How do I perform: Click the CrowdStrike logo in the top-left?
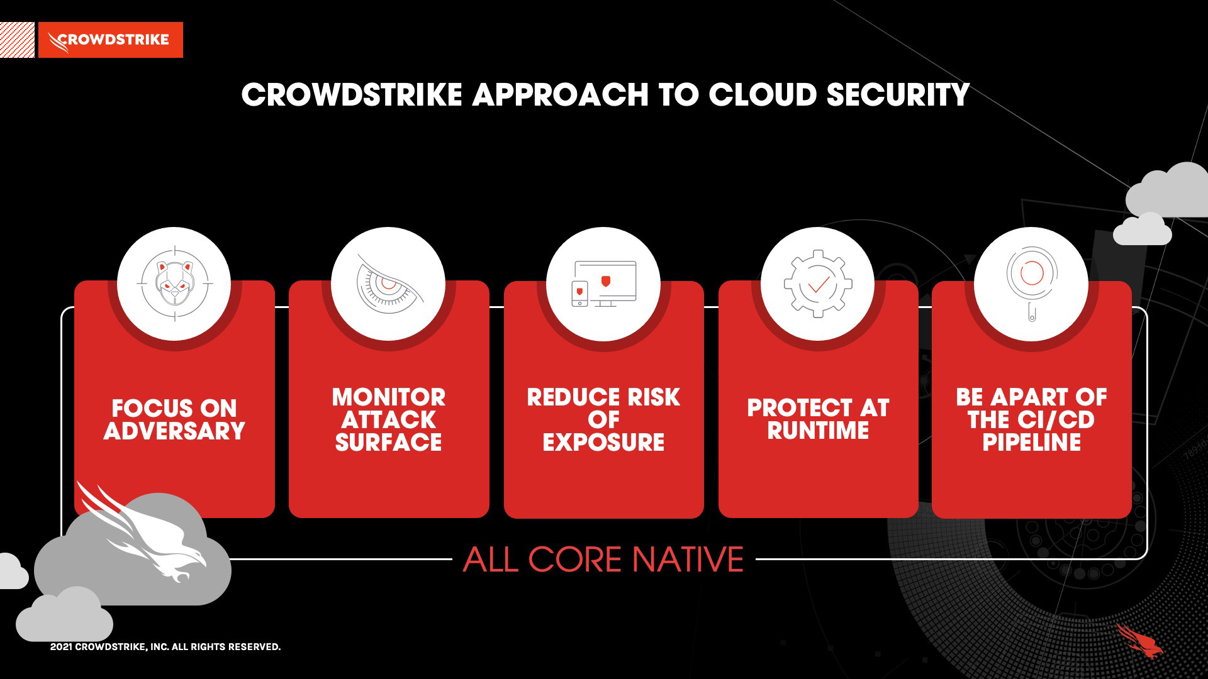pos(111,40)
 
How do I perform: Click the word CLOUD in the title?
pos(763,95)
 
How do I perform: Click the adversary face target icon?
pos(174,284)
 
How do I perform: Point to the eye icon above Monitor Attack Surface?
pos(388,284)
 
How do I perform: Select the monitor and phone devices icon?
pos(603,284)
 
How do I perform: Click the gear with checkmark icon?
pos(817,284)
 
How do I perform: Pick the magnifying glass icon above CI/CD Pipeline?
pos(1032,284)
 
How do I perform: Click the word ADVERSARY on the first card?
pos(174,431)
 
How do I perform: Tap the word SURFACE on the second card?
pos(388,442)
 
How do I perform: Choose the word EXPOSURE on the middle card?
pos(603,442)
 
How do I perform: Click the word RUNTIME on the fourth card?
pos(818,431)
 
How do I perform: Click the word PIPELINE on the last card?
pos(1032,442)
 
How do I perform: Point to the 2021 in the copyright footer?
pos(61,647)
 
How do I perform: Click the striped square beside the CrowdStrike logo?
pos(17,40)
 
